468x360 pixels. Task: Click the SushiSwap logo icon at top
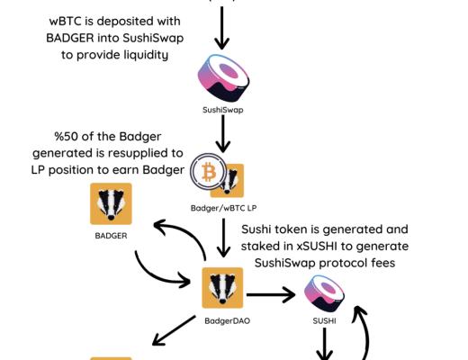tap(221, 77)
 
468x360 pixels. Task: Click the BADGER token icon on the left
tap(112, 203)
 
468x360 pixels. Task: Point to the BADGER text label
tap(112, 237)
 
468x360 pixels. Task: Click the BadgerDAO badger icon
tap(223, 288)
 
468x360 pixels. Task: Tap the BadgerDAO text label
tap(223, 320)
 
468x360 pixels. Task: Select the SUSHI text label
tap(325, 320)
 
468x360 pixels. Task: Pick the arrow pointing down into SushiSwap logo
tap(222, 30)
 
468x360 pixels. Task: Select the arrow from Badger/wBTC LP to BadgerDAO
tap(222, 239)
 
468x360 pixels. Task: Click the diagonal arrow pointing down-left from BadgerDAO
tap(173, 330)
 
